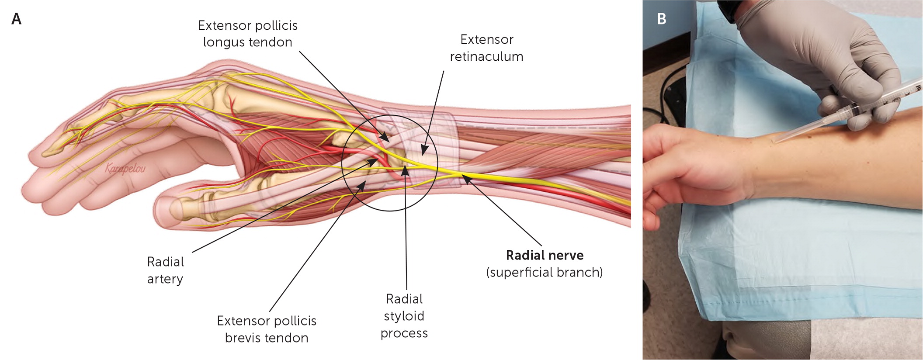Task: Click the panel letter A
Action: tap(16, 19)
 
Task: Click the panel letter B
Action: tap(661, 19)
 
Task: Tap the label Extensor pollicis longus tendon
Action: tap(248, 34)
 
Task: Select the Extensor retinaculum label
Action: tap(486, 48)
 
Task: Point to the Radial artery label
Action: tap(165, 270)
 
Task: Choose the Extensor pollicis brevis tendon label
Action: tap(267, 329)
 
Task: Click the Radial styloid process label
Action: tap(404, 316)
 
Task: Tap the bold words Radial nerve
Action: tap(545, 255)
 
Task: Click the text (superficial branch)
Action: tap(545, 273)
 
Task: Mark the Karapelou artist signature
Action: tap(125, 168)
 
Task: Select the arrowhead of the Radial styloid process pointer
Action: tap(406, 170)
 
